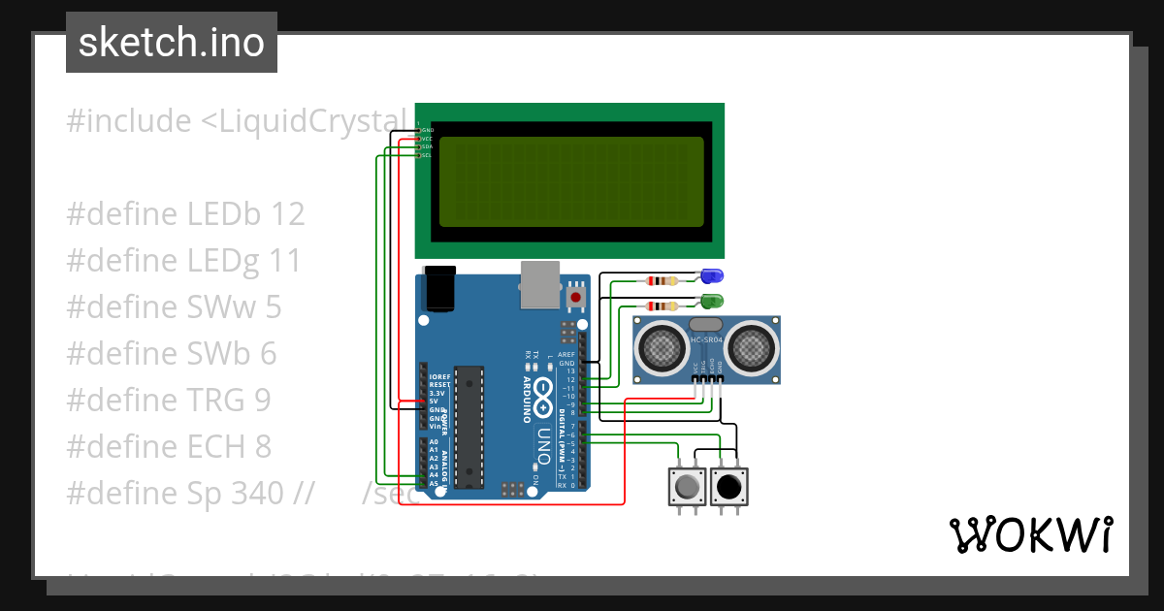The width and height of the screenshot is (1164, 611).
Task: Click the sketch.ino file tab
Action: [171, 43]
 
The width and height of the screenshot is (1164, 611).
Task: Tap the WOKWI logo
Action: [1030, 534]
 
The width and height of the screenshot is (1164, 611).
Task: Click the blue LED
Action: [711, 277]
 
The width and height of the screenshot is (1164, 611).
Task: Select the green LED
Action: [711, 302]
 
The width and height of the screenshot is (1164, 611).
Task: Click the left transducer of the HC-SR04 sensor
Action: [664, 348]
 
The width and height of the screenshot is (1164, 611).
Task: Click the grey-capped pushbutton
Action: [688, 486]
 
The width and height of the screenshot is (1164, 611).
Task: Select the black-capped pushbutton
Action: [729, 486]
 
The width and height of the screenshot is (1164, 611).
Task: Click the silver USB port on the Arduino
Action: [540, 283]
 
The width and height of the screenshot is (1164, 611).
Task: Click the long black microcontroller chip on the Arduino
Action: [469, 427]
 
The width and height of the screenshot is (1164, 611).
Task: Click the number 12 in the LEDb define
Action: [289, 214]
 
